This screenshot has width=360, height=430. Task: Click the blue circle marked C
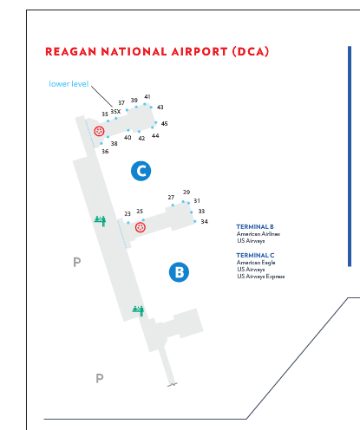141,171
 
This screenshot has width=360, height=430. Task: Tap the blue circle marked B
179,272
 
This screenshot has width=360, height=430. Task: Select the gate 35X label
115,112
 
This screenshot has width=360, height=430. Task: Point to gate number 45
164,124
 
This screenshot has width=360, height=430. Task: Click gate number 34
205,222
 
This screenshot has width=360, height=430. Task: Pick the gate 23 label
128,214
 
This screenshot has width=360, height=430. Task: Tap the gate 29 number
187,192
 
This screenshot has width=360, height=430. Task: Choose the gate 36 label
105,152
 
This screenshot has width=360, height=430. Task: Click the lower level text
69,84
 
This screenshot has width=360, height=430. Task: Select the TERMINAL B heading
255,227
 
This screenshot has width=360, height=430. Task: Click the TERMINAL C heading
255,256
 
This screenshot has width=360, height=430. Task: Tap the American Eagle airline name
256,263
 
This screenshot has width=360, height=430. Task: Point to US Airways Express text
261,277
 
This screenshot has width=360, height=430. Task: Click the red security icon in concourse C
99,131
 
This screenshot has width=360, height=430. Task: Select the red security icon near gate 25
141,227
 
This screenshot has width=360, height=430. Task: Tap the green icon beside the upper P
100,221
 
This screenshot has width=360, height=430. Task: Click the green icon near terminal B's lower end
138,310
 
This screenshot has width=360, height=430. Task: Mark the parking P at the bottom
100,378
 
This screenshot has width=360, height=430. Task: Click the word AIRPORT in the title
200,52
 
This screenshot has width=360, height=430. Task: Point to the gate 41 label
147,97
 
